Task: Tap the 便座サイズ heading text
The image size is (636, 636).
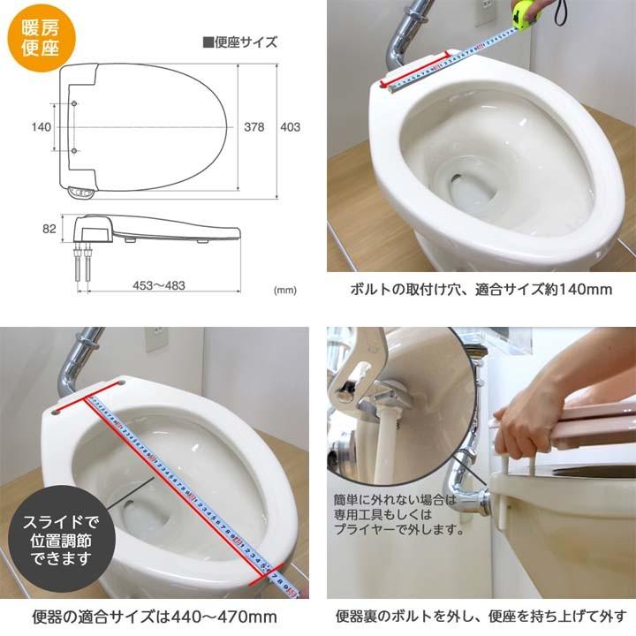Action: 239,42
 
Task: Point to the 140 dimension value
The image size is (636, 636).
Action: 41,127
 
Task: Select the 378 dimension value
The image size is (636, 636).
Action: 254,127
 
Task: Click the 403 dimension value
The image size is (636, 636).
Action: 290,127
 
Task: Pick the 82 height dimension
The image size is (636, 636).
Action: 49,229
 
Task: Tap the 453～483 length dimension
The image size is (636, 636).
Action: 159,286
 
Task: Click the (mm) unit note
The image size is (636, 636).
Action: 284,290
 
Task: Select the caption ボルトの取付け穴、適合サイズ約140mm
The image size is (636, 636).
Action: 481,289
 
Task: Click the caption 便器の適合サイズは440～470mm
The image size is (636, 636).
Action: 159,616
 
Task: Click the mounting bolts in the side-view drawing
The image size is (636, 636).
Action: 84,264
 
